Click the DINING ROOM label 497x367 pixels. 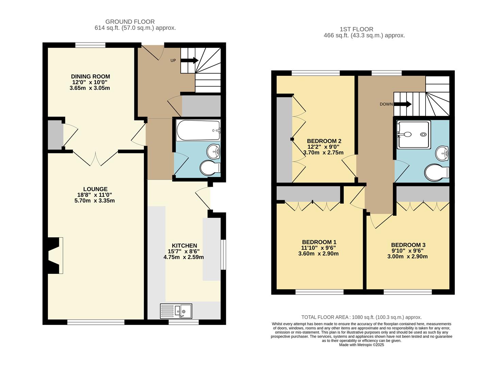click(x=90, y=76)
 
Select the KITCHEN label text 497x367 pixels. click(x=184, y=246)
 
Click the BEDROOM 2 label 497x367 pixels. click(x=324, y=141)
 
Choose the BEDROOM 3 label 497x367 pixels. click(x=408, y=245)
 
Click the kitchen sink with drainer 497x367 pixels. click(x=176, y=311)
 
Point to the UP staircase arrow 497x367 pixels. click(x=189, y=60)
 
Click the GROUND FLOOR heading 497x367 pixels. click(x=130, y=22)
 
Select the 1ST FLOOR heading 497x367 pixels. click(x=356, y=29)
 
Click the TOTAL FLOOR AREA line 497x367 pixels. click(x=361, y=317)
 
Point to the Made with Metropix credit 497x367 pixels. click(x=361, y=345)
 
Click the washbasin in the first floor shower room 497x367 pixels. click(x=442, y=153)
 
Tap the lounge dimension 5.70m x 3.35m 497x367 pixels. click(x=95, y=200)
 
